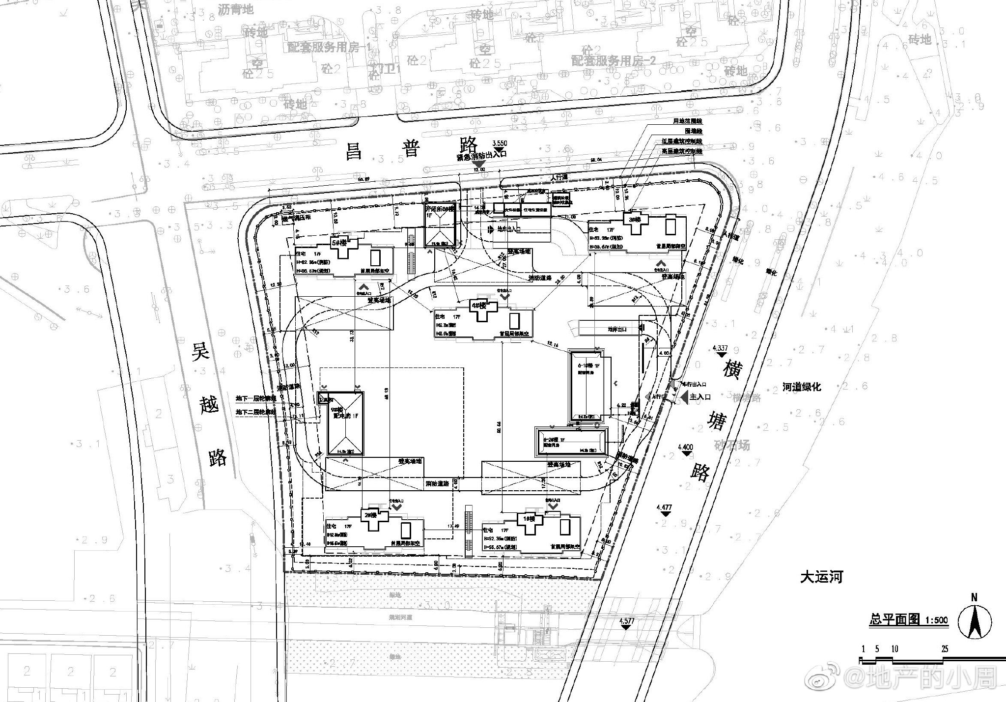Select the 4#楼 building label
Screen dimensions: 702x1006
(x=478, y=305)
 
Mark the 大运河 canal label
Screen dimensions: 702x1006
(x=821, y=577)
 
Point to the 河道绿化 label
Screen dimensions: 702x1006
(x=802, y=387)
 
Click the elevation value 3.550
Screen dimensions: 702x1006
(x=499, y=143)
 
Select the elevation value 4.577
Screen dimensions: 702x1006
(x=627, y=621)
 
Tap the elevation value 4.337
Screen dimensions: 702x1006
(x=720, y=348)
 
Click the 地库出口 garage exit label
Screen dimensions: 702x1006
(x=617, y=330)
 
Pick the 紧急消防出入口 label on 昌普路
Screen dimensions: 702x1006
(x=481, y=155)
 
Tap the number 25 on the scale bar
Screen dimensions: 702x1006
(x=945, y=649)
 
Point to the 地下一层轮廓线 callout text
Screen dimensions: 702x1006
(x=255, y=398)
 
